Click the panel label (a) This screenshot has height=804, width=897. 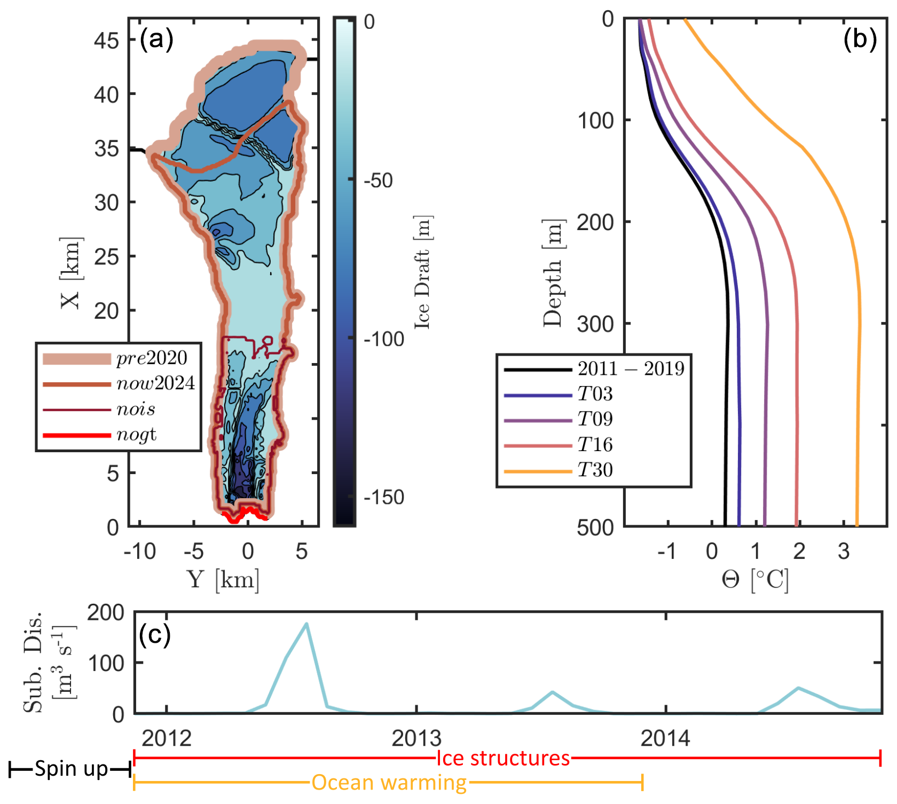(x=156, y=40)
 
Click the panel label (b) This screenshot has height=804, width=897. (x=860, y=40)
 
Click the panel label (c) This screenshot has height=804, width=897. (x=154, y=634)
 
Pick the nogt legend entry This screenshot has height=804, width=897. (x=137, y=435)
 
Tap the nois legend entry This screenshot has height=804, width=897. (x=136, y=409)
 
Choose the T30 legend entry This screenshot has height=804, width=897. (x=595, y=470)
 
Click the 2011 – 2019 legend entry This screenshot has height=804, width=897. (x=631, y=369)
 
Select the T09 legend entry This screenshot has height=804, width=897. (x=595, y=420)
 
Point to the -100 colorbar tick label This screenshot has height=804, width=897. (x=384, y=339)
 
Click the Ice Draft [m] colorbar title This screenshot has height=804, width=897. (x=423, y=272)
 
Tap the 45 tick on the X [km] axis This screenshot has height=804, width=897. (x=107, y=40)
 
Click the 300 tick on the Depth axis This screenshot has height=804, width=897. (x=596, y=324)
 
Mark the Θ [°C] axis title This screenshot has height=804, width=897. (x=755, y=579)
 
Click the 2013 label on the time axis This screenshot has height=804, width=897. (x=416, y=738)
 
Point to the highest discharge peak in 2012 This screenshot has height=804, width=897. (x=306, y=624)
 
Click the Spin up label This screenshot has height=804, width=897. (x=71, y=769)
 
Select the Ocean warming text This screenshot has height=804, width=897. (x=389, y=783)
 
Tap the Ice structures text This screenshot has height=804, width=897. (x=503, y=758)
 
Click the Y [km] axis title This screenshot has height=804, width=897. (x=223, y=579)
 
